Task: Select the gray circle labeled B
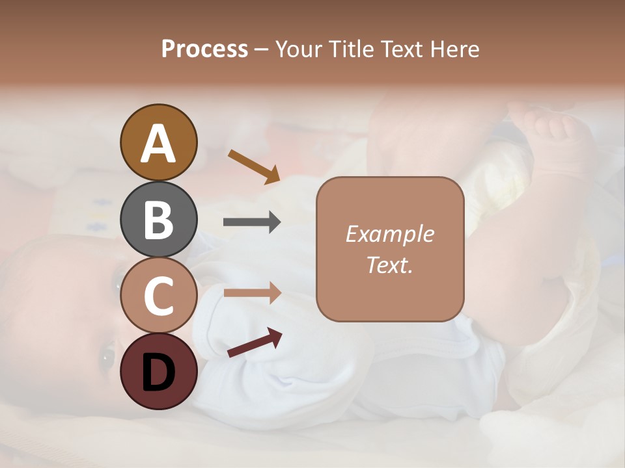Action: pyautogui.click(x=158, y=219)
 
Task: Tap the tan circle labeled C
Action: pyautogui.click(x=158, y=296)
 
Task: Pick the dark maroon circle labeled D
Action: pyautogui.click(x=158, y=372)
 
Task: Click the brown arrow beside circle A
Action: pyautogui.click(x=254, y=166)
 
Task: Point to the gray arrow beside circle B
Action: pyautogui.click(x=252, y=222)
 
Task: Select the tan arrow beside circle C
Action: pyautogui.click(x=252, y=292)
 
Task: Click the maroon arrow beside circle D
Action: pyautogui.click(x=255, y=343)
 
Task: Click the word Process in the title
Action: pyautogui.click(x=204, y=49)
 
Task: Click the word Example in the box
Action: pyautogui.click(x=389, y=234)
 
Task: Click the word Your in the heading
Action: pyautogui.click(x=299, y=49)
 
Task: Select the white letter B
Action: pyautogui.click(x=158, y=219)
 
